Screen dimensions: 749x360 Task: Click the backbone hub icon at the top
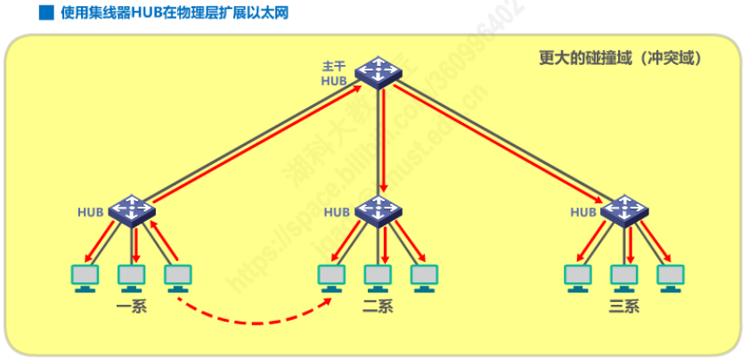click(379, 71)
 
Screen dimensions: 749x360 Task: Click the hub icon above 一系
click(133, 210)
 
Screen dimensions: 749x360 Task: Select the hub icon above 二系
click(378, 210)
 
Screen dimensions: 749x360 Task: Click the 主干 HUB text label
click(336, 74)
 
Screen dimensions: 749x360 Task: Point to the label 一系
click(131, 307)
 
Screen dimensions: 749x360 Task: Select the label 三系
click(623, 307)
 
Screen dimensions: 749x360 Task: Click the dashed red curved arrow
click(254, 320)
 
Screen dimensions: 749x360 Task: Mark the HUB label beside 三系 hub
click(582, 212)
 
